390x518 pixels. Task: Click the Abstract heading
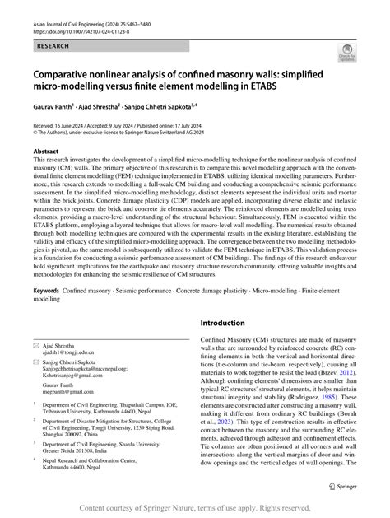[x=44, y=152]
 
